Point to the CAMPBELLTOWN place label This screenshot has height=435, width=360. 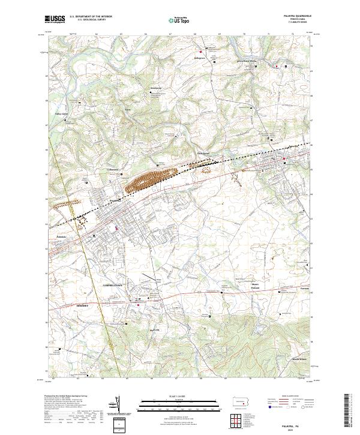112,285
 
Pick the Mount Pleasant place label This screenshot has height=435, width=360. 257,285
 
